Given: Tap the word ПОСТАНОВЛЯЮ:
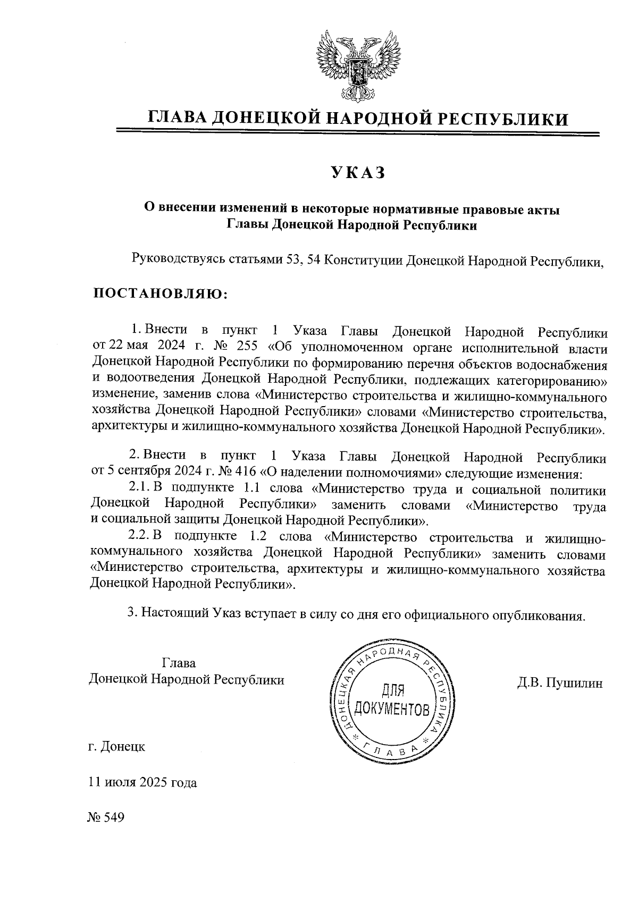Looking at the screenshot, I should (160, 293).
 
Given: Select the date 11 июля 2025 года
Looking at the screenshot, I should (142, 782).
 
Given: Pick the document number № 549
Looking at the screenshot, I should (106, 817).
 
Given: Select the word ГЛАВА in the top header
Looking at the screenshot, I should (177, 119).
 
